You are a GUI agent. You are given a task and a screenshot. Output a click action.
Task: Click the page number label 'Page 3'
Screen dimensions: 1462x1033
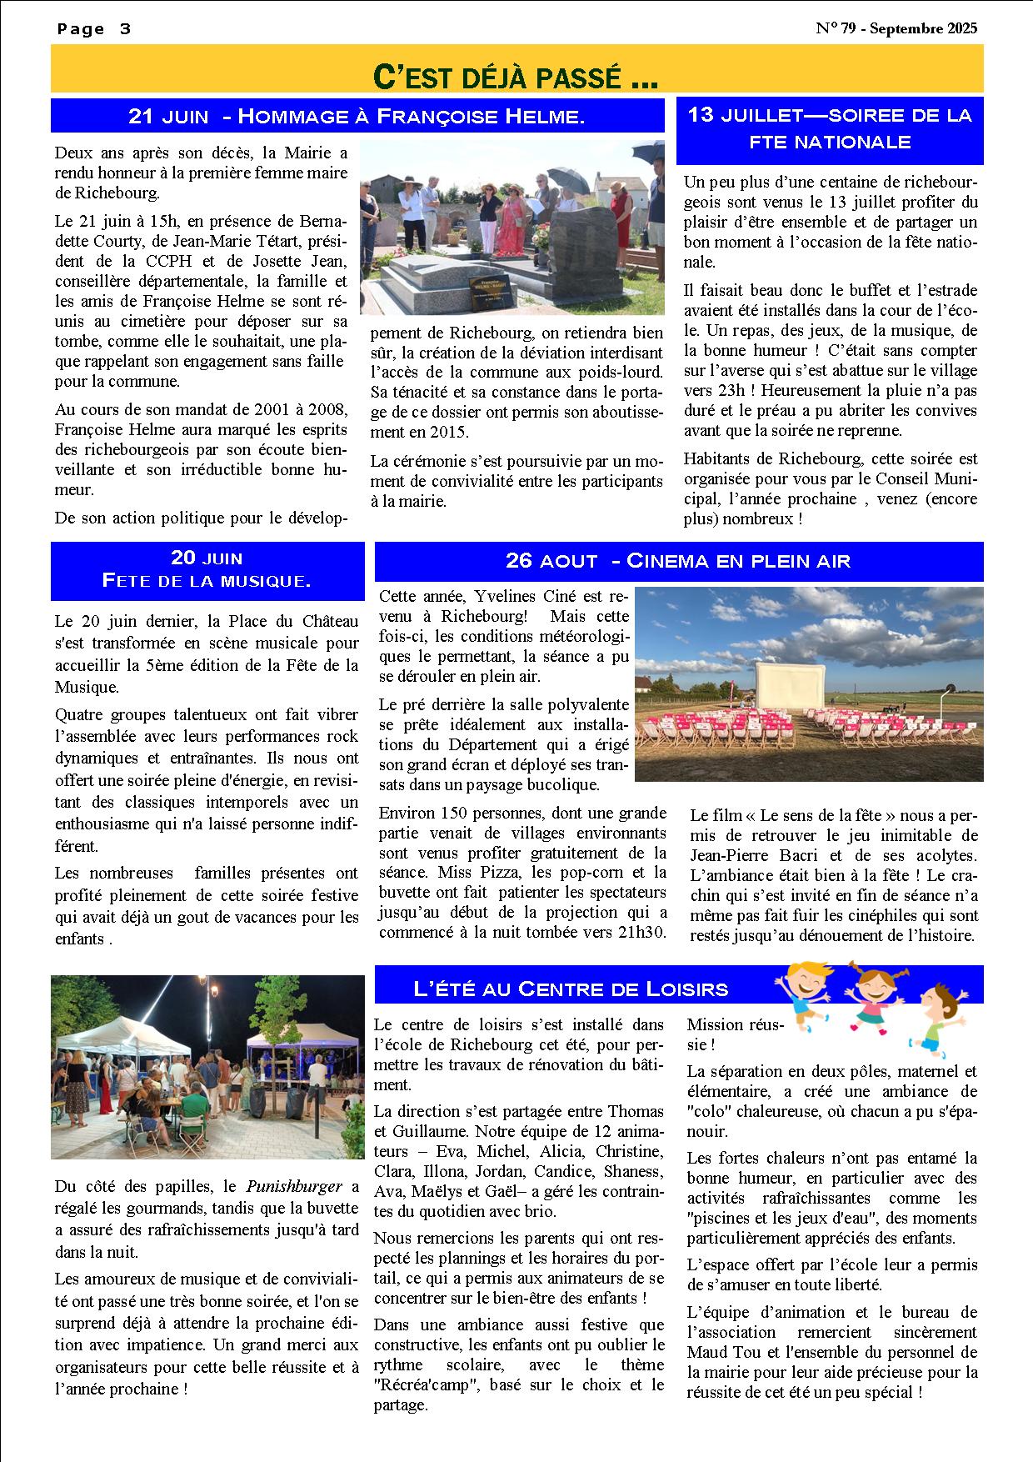click(x=94, y=29)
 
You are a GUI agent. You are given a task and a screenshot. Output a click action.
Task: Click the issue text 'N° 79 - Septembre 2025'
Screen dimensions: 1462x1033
click(x=896, y=28)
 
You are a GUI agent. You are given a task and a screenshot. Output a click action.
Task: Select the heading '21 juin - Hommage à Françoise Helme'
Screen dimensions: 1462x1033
click(x=357, y=117)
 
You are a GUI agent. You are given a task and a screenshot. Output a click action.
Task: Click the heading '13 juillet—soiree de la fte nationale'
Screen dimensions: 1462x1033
click(x=829, y=128)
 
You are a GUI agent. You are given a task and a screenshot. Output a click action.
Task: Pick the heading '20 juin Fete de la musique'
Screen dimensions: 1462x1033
click(x=207, y=569)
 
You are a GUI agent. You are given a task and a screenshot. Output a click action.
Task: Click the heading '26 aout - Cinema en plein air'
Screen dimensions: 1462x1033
click(x=678, y=561)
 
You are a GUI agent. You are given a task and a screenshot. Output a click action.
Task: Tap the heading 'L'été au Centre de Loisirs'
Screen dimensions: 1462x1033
click(x=571, y=989)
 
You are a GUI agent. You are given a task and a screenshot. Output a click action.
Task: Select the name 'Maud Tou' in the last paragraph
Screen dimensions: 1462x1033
click(x=720, y=1352)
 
